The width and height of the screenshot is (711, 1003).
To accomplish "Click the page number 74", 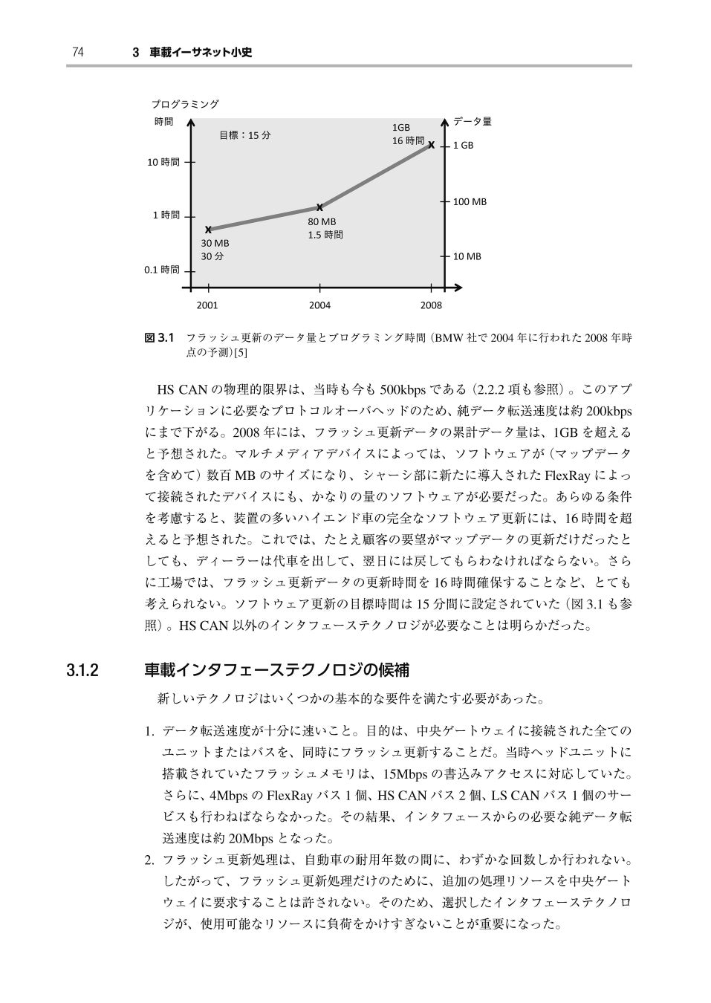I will pos(77,52).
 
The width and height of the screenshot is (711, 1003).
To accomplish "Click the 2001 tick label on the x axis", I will pos(207,305).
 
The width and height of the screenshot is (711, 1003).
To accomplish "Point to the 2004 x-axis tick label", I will pos(319,305).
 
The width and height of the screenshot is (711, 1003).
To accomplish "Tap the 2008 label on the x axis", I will pos(431,305).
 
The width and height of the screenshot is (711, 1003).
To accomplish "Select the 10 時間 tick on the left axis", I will pos(163,161).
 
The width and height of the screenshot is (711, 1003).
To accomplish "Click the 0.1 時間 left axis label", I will pos(161,270).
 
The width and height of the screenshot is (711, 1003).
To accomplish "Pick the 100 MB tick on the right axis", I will pos(470,201).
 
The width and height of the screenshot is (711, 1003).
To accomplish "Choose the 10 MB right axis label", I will pos(467,256).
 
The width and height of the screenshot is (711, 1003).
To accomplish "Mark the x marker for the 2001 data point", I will pos(208,229).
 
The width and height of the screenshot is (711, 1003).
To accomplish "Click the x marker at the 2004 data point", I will pos(319,207).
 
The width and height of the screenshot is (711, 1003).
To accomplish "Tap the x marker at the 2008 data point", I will pos(431,145).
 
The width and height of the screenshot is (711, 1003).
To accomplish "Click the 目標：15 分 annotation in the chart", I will pos(245,135).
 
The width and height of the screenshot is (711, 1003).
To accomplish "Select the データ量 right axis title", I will pos(473,122).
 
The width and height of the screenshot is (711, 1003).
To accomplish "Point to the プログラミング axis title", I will pos(185,104).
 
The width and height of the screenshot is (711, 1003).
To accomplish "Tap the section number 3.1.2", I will pos(82,670).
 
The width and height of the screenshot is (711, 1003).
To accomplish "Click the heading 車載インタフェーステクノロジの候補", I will pos(276,670).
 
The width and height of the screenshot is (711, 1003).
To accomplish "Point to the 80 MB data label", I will pos(322,221).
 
